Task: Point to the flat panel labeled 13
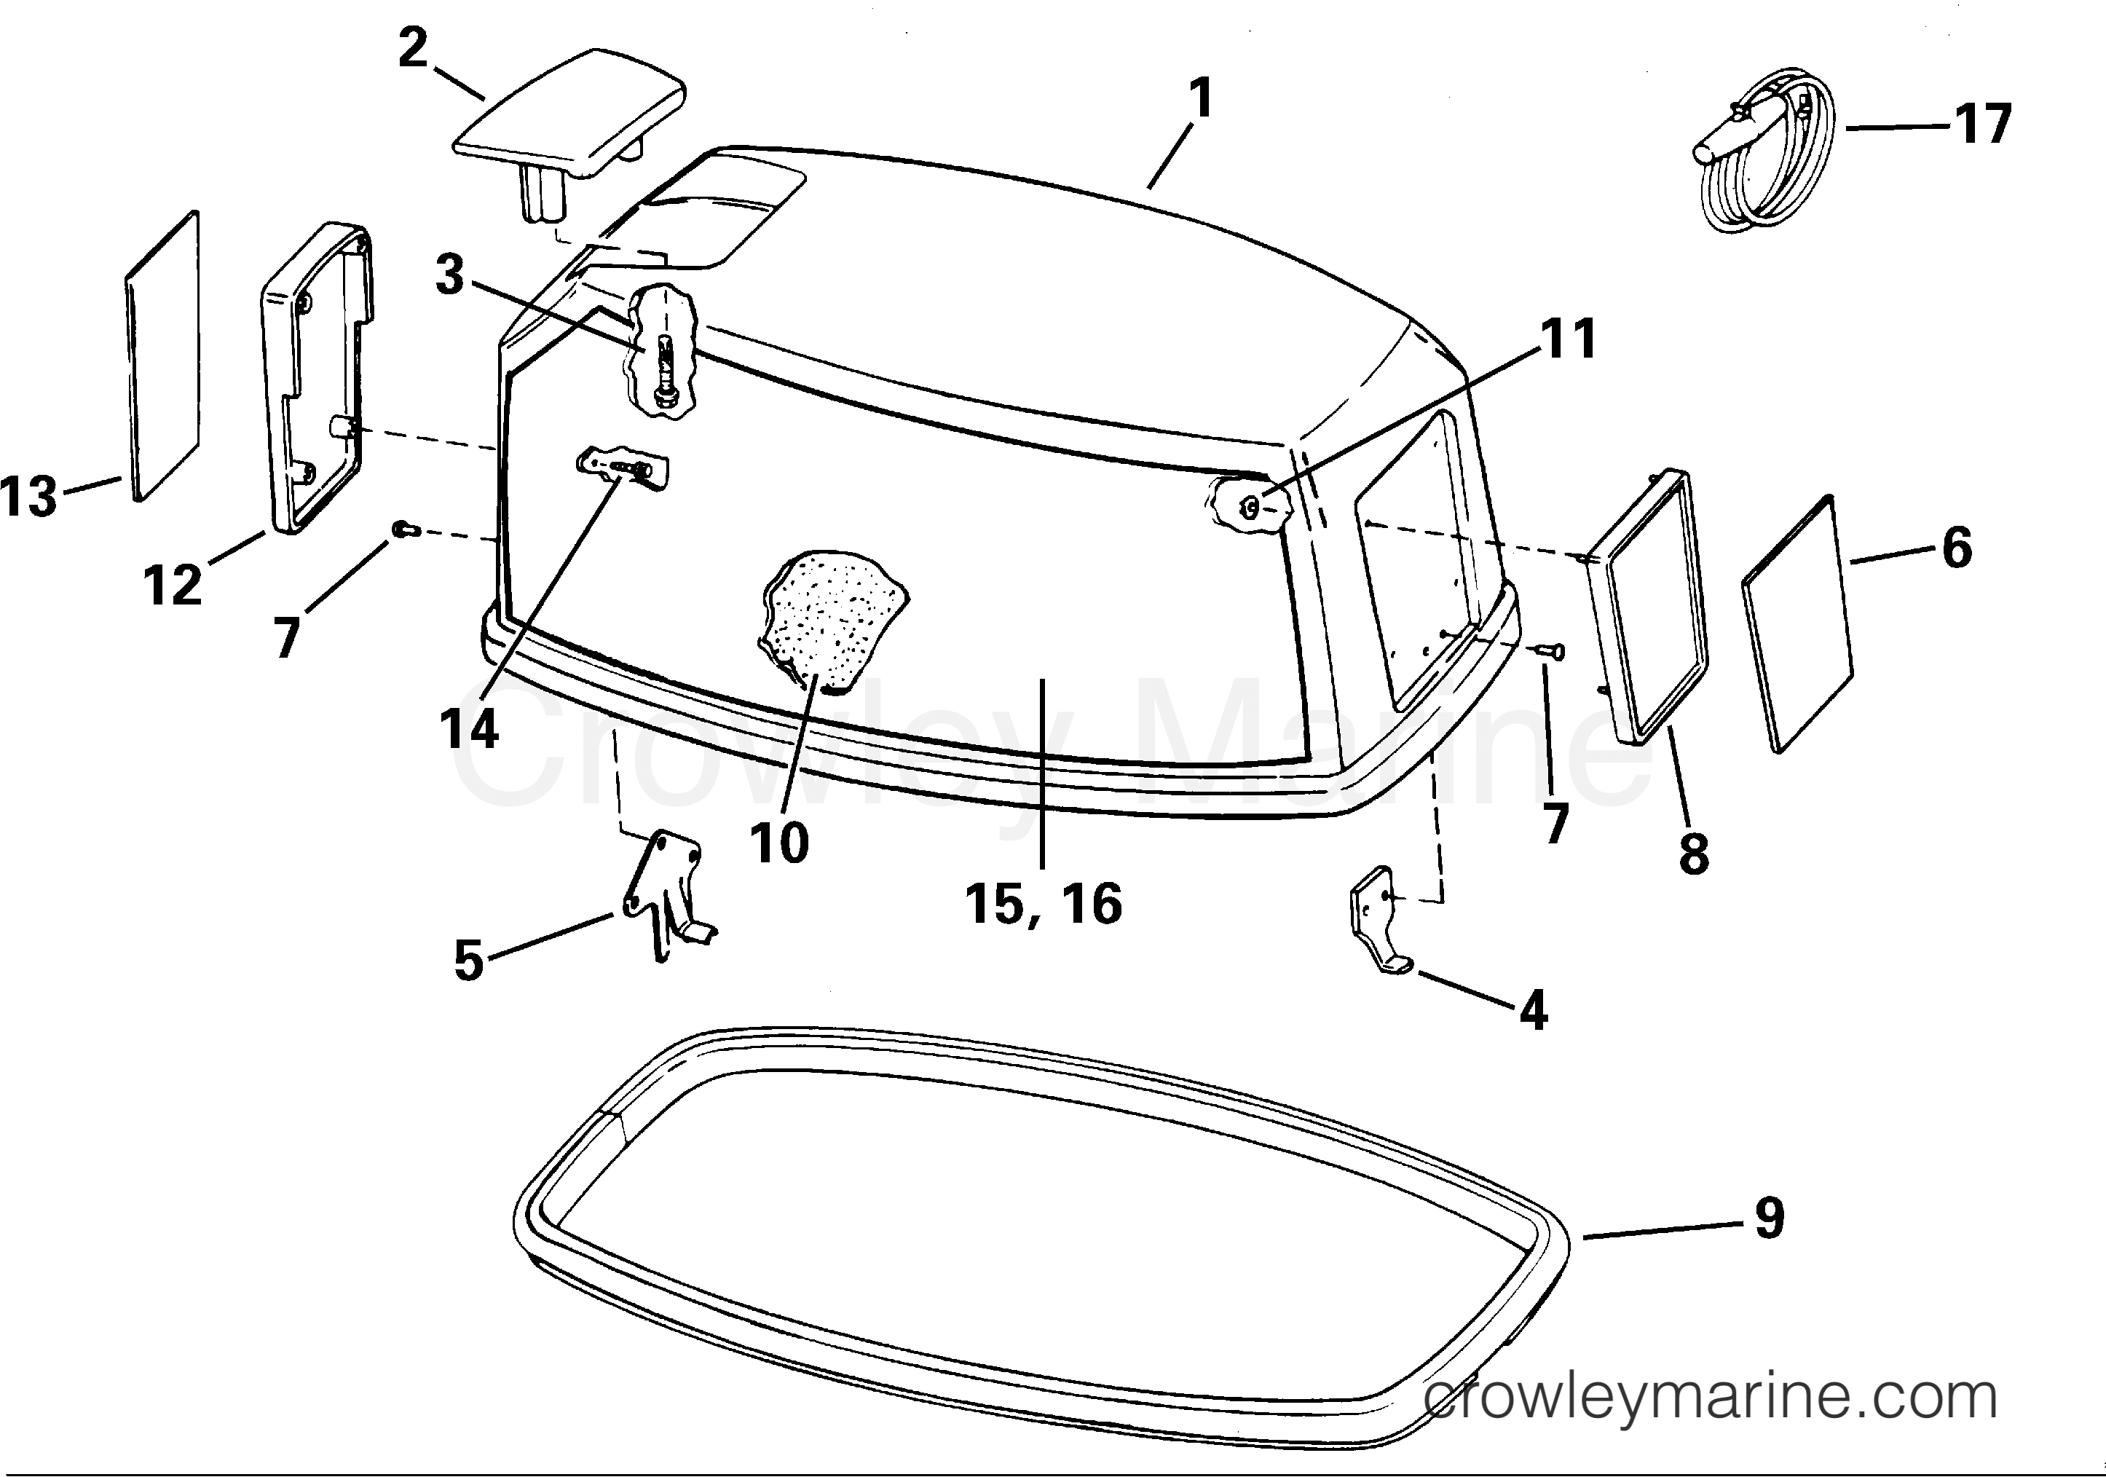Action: pos(162,356)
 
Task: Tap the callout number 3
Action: pos(449,275)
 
